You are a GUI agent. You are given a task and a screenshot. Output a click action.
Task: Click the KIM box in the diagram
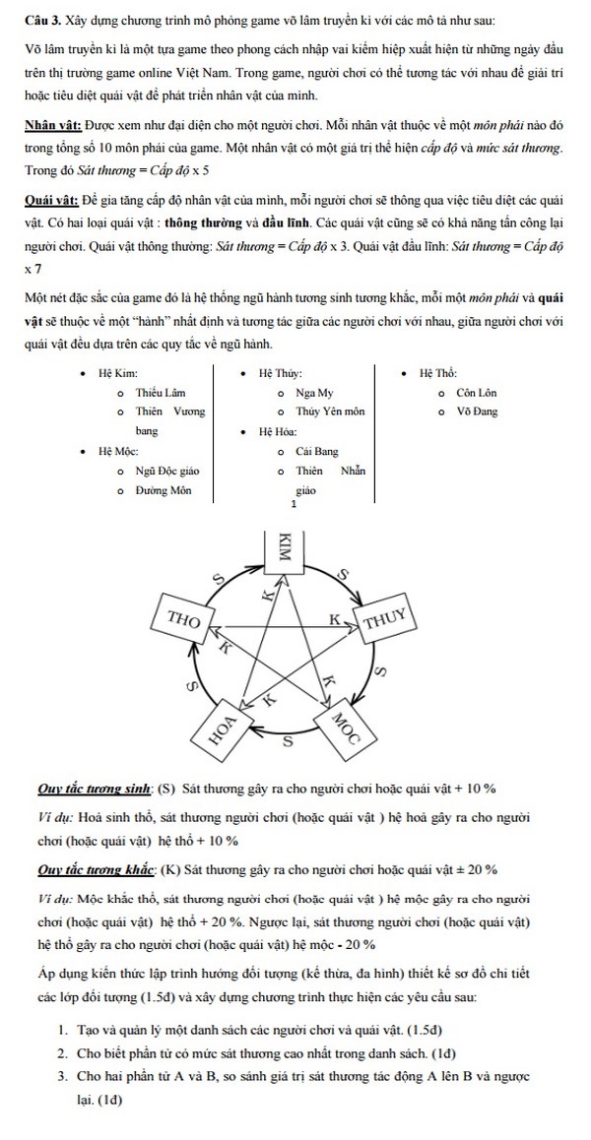(x=287, y=549)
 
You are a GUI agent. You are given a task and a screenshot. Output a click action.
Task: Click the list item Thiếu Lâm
(x=161, y=392)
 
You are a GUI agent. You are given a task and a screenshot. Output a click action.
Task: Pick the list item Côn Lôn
(x=477, y=392)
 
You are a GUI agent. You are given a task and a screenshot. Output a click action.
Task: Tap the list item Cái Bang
(x=316, y=451)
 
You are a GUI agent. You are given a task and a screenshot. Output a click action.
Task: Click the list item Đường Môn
(x=163, y=489)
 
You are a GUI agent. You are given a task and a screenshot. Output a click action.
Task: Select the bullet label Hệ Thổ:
(x=437, y=373)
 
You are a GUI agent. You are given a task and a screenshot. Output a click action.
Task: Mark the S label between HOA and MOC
(x=288, y=741)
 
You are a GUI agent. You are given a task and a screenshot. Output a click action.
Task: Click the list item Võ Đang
(x=477, y=412)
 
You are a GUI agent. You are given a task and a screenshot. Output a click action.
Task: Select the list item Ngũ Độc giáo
(x=167, y=471)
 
